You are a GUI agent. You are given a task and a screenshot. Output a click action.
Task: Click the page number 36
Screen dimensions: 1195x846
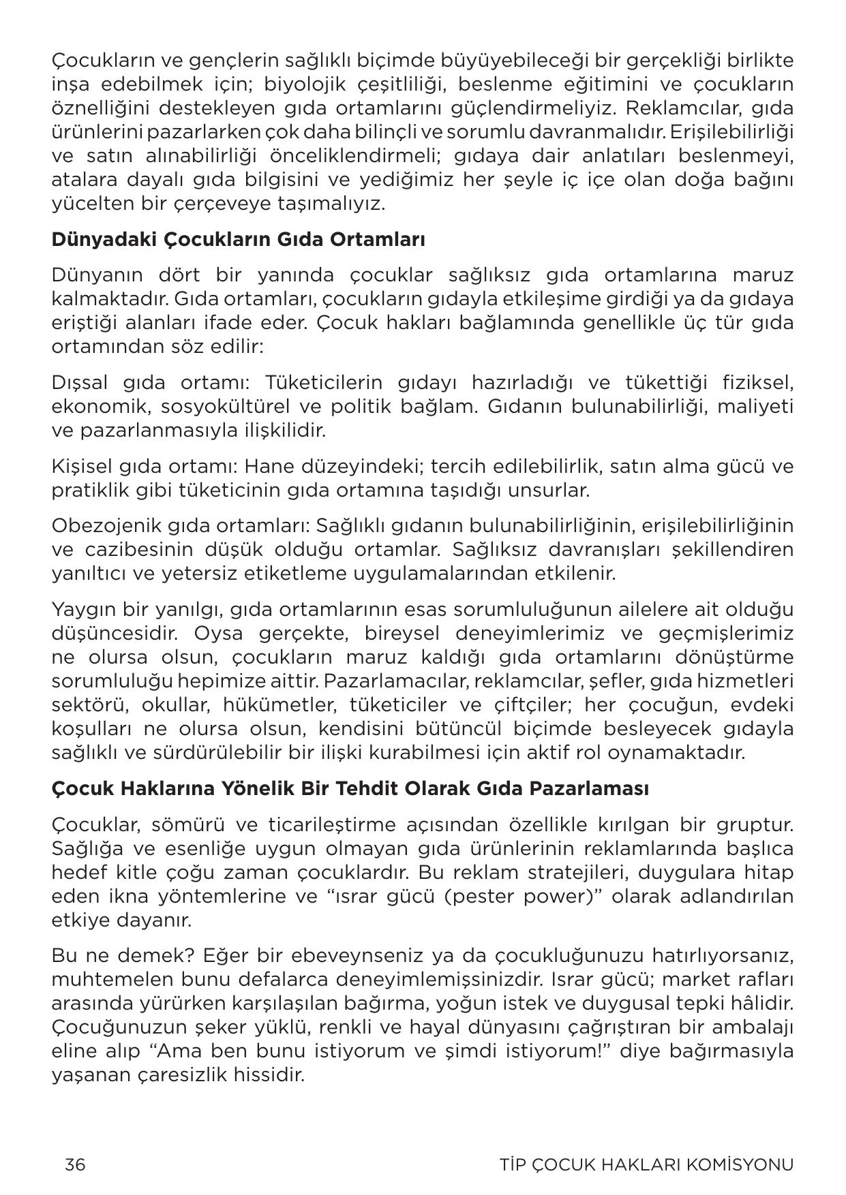75,1164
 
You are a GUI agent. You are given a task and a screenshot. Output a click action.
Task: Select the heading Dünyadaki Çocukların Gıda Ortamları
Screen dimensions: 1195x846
238,240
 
